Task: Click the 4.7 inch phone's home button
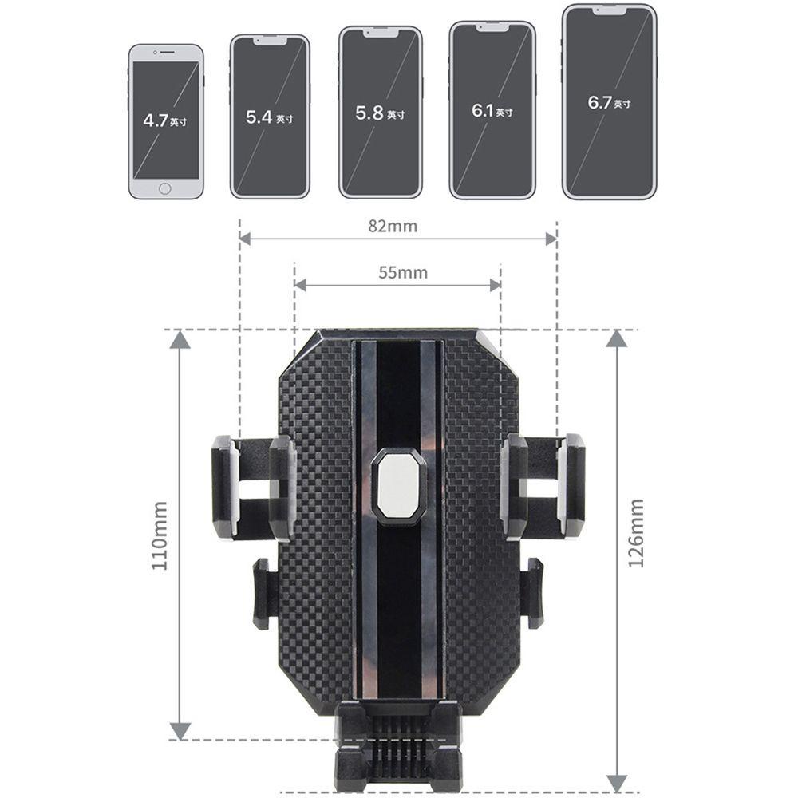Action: tap(164, 189)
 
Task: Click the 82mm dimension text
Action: tap(393, 226)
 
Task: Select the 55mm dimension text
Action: tap(402, 272)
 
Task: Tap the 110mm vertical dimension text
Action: tap(160, 535)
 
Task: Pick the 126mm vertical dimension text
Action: tap(636, 533)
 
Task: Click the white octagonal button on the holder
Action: tap(398, 485)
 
